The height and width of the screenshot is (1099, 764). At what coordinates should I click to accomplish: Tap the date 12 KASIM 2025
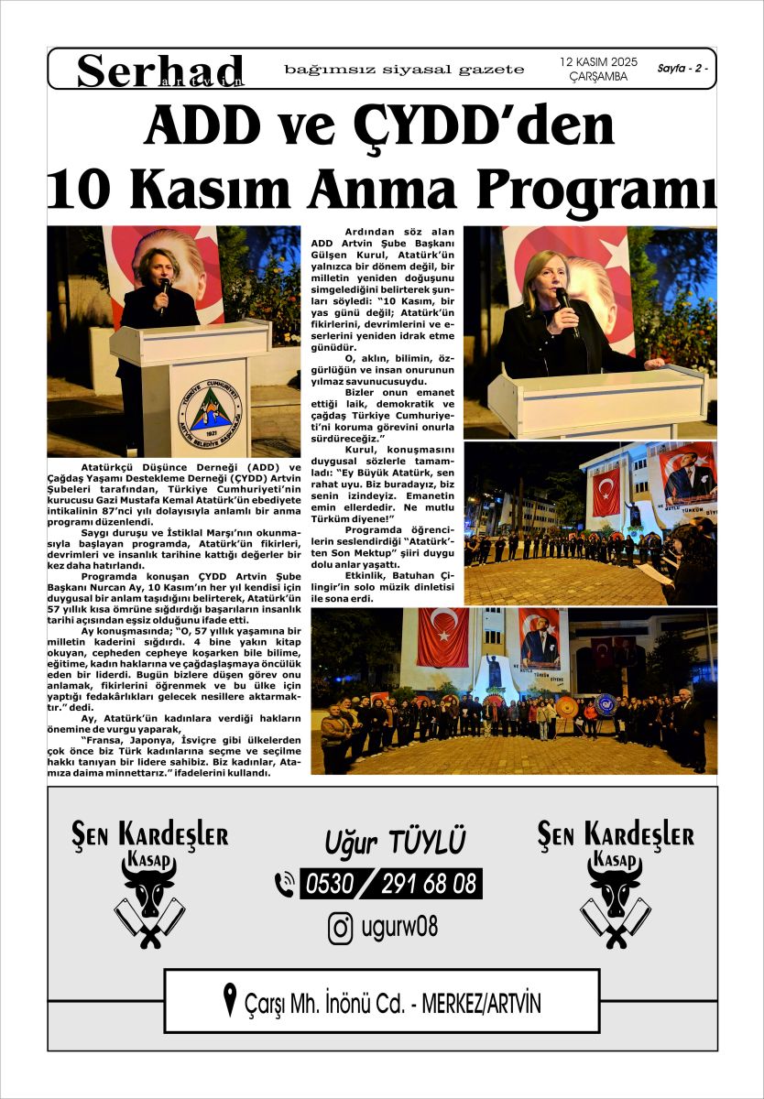598,61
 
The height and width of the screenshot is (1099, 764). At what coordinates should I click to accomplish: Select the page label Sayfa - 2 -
682,69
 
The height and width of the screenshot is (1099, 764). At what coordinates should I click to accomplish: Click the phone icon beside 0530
285,884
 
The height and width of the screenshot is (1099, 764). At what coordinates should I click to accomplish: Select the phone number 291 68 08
429,884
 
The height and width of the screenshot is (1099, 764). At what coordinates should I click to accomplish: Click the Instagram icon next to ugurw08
341,928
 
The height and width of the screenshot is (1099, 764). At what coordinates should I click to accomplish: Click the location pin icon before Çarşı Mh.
231,1000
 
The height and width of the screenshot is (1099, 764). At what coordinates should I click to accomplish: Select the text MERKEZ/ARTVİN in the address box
482,1004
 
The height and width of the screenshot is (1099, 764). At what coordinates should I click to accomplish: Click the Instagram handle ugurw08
401,928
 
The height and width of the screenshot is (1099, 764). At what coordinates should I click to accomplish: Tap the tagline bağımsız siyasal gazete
404,70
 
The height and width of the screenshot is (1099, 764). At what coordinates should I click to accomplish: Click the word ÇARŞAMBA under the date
598,77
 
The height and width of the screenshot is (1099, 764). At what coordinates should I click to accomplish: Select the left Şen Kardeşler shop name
150,834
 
